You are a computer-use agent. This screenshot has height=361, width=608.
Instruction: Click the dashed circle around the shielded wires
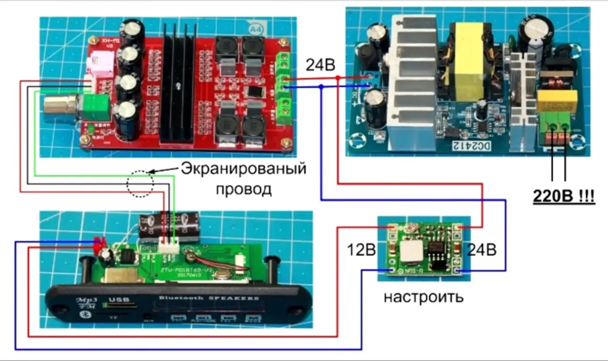click(140, 184)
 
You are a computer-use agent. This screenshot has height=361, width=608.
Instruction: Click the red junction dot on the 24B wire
click(338, 78)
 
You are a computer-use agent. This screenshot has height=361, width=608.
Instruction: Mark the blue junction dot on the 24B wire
click(321, 87)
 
